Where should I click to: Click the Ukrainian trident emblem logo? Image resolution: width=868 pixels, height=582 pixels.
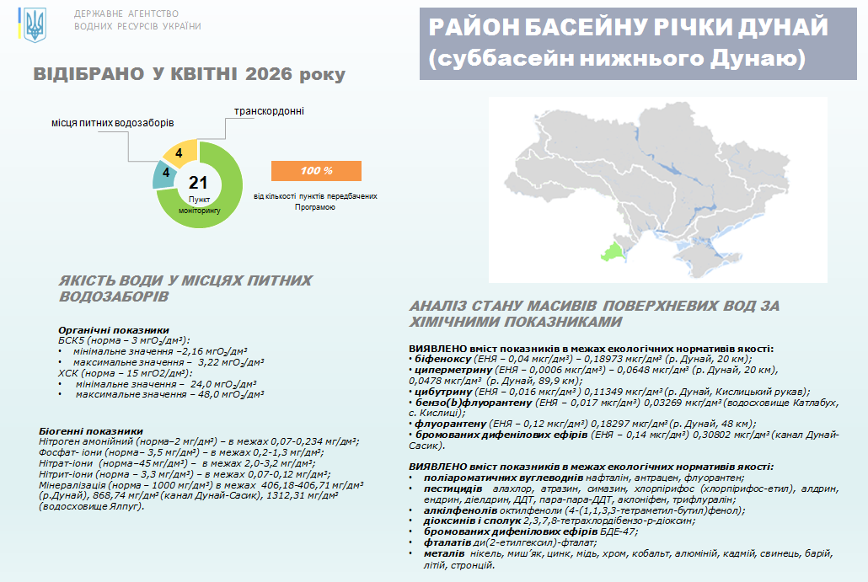[x=35, y=25]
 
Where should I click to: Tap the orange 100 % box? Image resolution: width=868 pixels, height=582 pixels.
[x=316, y=171]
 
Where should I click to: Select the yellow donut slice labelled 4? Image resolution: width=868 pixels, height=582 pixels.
[x=180, y=153]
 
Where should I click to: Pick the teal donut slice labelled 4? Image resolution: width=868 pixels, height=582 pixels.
[x=164, y=174]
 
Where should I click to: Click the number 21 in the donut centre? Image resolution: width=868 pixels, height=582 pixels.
[x=198, y=183]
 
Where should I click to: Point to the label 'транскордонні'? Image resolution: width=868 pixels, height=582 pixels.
[x=269, y=111]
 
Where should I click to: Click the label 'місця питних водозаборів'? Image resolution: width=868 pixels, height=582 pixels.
[x=112, y=123]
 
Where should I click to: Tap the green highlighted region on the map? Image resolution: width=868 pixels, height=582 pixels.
[x=613, y=253]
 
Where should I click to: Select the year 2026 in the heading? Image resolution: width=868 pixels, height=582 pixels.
[x=269, y=74]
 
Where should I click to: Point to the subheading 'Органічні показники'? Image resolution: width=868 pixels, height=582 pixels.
[x=114, y=330]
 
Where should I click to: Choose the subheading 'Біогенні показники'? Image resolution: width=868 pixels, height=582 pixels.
[x=91, y=431]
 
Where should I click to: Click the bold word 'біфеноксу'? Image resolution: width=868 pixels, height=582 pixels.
[x=443, y=360]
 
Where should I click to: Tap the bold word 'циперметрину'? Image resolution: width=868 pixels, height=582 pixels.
[x=453, y=370]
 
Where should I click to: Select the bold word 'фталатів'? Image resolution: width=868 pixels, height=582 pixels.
[x=447, y=542]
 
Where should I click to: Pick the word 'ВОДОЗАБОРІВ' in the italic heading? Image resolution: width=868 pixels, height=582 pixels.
[x=114, y=297]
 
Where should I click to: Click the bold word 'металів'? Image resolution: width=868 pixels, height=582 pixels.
[x=444, y=554]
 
